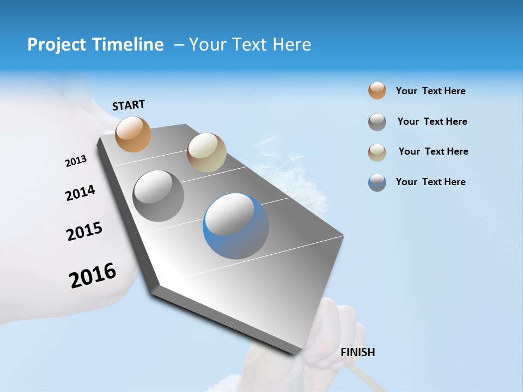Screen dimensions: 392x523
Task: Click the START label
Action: (129, 105)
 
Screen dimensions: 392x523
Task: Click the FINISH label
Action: (357, 352)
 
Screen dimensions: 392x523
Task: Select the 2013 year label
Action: (76, 161)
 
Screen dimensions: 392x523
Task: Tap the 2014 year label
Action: (80, 193)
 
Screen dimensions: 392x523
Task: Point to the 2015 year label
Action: (84, 231)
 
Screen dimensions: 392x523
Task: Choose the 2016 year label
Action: (93, 275)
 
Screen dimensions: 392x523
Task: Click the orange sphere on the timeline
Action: (133, 134)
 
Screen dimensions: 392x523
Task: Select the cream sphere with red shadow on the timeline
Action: (206, 152)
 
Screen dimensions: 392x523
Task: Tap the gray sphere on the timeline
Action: (159, 195)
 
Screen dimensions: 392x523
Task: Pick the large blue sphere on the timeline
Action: (236, 226)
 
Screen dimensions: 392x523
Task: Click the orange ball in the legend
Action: (377, 90)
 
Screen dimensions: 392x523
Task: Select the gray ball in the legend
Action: (377, 122)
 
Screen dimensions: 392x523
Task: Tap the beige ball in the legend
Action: (377, 152)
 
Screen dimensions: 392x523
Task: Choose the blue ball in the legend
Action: (377, 182)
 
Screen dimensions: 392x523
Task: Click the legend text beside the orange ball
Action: (430, 91)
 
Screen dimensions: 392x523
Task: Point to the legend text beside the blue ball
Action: (430, 182)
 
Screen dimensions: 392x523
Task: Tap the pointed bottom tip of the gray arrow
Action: (297, 353)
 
